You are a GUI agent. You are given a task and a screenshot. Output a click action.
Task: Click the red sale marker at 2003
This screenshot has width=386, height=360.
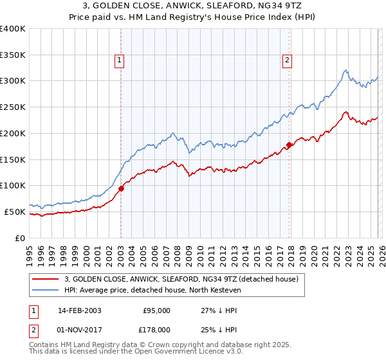121,188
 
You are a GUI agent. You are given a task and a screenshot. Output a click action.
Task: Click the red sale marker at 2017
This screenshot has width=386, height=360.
289,145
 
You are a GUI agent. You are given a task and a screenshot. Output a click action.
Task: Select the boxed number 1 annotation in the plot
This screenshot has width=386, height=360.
120,61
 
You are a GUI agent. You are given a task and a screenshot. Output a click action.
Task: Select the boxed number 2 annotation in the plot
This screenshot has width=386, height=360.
287,61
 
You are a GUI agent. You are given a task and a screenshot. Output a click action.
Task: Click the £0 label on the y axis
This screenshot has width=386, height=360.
20,238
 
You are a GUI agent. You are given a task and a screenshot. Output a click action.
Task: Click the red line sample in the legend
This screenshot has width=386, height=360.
46,280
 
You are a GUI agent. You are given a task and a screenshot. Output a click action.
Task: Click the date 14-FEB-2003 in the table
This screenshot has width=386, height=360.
80,310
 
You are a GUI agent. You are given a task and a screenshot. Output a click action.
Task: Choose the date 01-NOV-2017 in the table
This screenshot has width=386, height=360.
80,329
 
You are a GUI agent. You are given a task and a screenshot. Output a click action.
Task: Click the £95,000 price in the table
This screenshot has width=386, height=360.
157,310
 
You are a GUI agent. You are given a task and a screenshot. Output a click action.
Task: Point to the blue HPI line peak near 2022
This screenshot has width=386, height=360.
345,70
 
